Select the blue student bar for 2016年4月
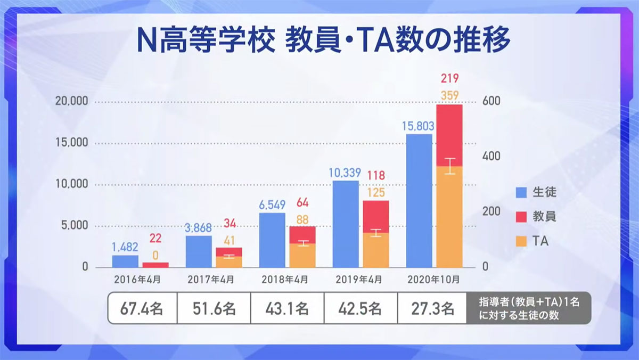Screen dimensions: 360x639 (x=125, y=261)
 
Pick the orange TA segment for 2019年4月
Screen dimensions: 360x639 (x=376, y=250)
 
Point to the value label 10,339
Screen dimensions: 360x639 (x=345, y=173)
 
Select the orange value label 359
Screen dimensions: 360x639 (x=449, y=96)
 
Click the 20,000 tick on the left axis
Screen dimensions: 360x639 (x=71, y=102)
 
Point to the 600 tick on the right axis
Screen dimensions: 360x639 (x=490, y=102)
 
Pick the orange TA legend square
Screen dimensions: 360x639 (x=522, y=241)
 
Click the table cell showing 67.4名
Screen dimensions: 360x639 (x=142, y=308)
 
